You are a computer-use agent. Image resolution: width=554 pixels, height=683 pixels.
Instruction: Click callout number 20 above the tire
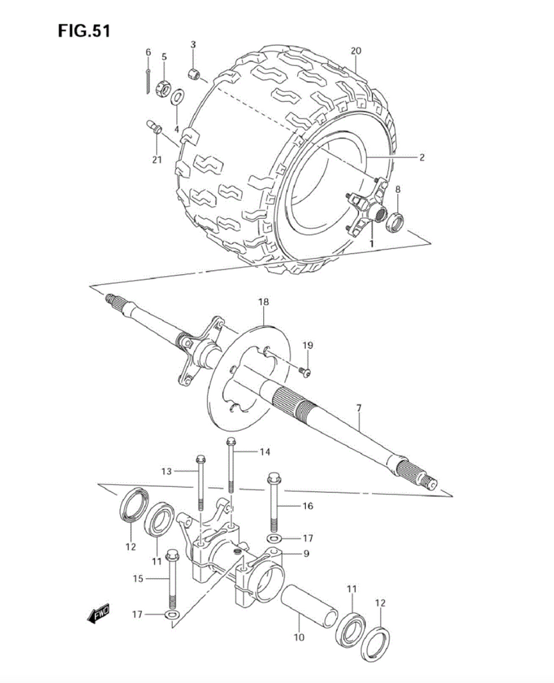(x=355, y=51)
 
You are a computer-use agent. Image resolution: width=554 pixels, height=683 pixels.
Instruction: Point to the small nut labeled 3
(x=193, y=73)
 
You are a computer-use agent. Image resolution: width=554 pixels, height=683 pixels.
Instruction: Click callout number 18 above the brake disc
(x=263, y=302)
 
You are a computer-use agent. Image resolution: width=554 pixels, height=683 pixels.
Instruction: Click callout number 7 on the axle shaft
(x=358, y=407)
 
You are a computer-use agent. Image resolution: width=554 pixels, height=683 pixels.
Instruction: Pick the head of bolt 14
(x=231, y=441)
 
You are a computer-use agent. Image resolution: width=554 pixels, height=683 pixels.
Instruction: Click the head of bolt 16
(x=273, y=478)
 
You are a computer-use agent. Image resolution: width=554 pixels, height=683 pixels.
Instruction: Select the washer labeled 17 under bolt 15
(x=171, y=614)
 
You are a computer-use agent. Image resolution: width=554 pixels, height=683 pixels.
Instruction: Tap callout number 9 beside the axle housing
(x=306, y=553)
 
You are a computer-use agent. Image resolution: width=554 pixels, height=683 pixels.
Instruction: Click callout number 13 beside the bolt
(x=166, y=472)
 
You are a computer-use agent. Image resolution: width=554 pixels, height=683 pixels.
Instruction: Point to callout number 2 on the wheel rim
(x=421, y=158)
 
